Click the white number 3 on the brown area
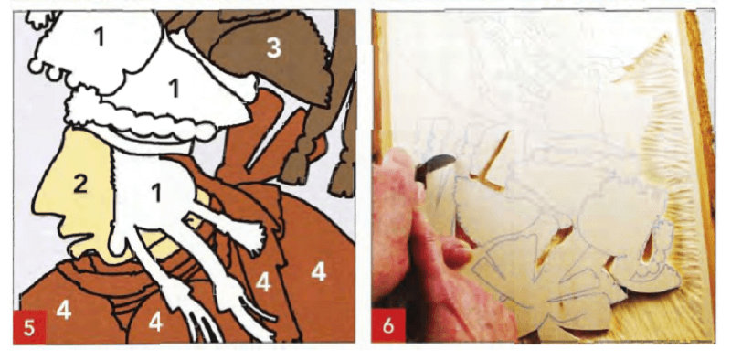pyautogui.click(x=273, y=48)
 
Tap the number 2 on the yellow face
pyautogui.click(x=80, y=185)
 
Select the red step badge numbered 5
pyautogui.click(x=29, y=327)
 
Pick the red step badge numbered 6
pyautogui.click(x=387, y=325)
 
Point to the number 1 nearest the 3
pyautogui.click(x=174, y=88)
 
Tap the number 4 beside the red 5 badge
pyautogui.click(x=64, y=311)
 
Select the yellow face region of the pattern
pyautogui.click(x=79, y=196)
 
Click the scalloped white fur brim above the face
pyautogui.click(x=140, y=117)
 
